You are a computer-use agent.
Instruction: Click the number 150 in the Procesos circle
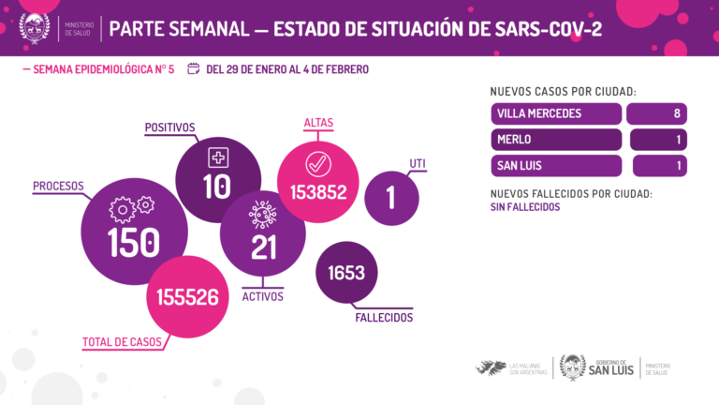click(x=134, y=241)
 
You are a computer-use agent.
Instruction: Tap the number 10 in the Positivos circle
click(x=216, y=187)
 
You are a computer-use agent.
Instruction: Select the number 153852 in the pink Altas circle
click(x=318, y=193)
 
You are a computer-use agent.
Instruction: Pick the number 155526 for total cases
click(x=188, y=297)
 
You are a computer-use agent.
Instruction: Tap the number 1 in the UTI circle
click(x=391, y=198)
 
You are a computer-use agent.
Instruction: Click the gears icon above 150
click(x=131, y=206)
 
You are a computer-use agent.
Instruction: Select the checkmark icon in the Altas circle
click(x=318, y=163)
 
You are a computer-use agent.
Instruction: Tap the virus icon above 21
click(x=262, y=215)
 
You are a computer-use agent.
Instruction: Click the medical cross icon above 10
click(x=217, y=157)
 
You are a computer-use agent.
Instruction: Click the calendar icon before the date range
click(x=194, y=68)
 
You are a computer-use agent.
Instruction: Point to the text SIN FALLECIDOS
click(x=525, y=207)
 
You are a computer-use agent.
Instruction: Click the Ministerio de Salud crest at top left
click(x=35, y=27)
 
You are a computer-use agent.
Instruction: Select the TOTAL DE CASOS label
click(x=121, y=341)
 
